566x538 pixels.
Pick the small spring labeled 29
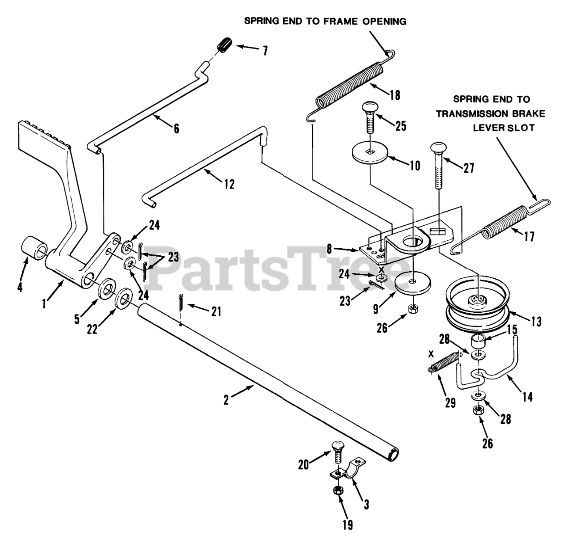444,364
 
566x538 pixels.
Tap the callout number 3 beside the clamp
366,505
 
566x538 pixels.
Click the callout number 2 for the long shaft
227,401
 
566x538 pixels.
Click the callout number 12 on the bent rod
229,184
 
